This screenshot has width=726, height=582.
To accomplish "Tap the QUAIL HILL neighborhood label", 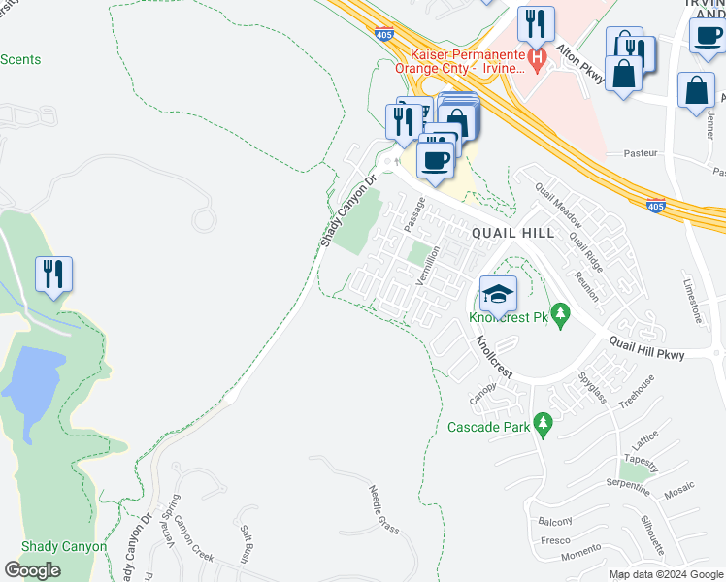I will tap(512, 233).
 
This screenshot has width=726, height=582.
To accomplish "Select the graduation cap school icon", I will tap(497, 292).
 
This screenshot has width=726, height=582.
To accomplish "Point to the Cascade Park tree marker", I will tap(543, 425).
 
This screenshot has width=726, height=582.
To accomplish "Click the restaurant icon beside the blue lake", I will tap(51, 274).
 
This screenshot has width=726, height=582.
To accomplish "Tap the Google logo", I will tap(33, 570).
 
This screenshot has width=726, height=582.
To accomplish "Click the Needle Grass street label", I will tap(384, 510).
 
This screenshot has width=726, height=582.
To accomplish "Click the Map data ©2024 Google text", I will tap(665, 574).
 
